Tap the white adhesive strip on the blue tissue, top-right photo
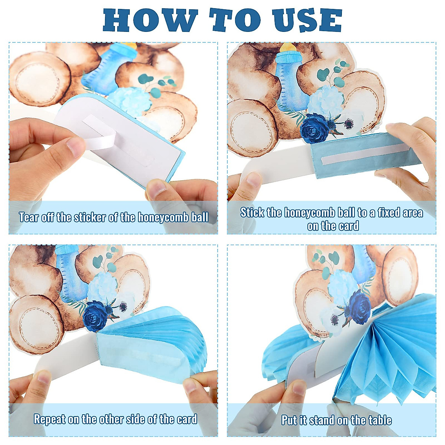click(x=365, y=153)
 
